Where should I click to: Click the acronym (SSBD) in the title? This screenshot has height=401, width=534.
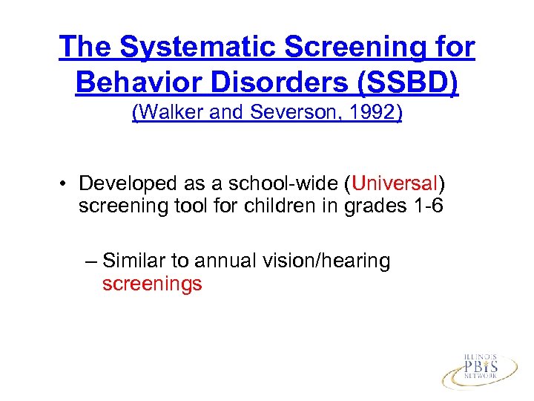pyautogui.click(x=407, y=82)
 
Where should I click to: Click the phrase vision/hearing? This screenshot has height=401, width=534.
pyautogui.click(x=327, y=261)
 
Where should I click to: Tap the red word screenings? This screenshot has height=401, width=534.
pyautogui.click(x=152, y=284)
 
